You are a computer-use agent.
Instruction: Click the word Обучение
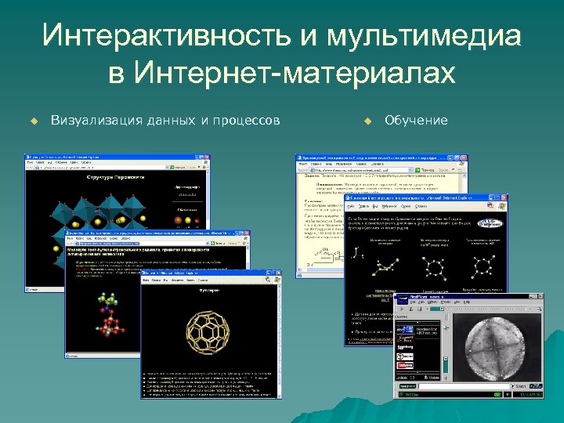[x=417, y=120]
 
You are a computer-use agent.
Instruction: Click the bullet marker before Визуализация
[x=34, y=121]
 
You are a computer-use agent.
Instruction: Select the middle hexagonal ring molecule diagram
[x=432, y=266]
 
